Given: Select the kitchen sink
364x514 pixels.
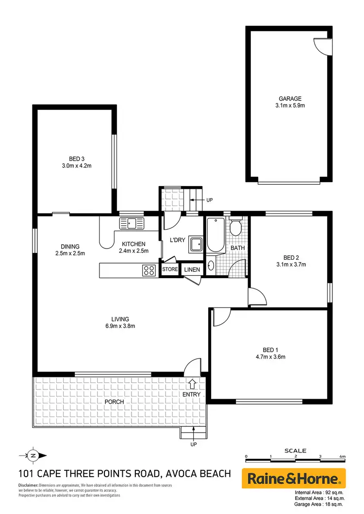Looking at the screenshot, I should [x=132, y=224].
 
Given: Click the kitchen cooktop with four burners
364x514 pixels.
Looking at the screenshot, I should [x=149, y=270].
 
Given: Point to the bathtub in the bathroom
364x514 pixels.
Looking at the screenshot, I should [x=215, y=236].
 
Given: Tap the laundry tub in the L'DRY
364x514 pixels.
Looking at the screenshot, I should [x=195, y=244].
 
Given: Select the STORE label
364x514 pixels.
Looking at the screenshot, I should [x=170, y=269].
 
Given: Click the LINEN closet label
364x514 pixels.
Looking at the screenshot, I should [x=191, y=269].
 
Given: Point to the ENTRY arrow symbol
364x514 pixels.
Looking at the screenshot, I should [x=192, y=384].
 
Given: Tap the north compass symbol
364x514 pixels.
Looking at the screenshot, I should [x=33, y=455].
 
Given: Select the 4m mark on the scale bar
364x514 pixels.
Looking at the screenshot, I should [x=342, y=457].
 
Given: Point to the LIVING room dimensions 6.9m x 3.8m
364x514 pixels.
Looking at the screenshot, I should [x=120, y=326].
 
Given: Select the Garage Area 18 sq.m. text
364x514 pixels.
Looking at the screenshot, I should [x=318, y=504].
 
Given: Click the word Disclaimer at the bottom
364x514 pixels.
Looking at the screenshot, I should [x=28, y=485].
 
